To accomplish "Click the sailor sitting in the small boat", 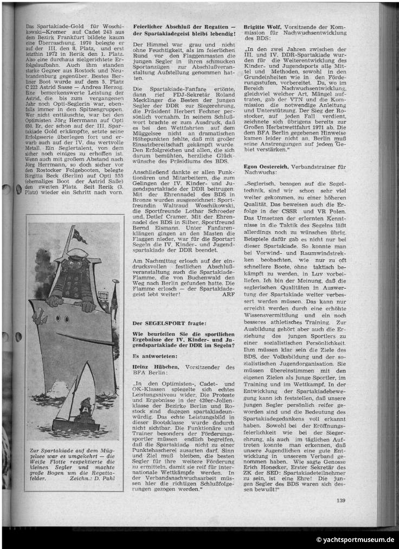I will pos(85,408).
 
